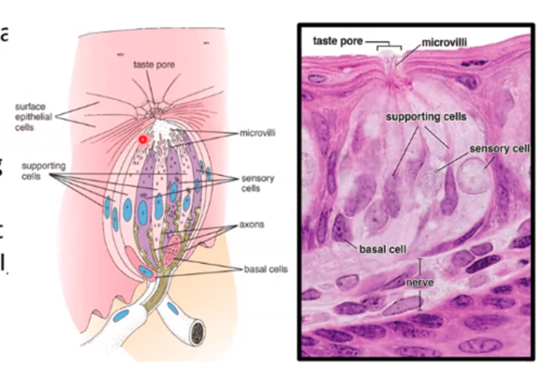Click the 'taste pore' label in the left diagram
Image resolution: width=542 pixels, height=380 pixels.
[x=154, y=65]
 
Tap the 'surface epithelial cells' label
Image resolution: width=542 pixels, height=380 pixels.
[x=33, y=117]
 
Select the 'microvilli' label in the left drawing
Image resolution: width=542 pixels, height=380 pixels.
[x=257, y=133]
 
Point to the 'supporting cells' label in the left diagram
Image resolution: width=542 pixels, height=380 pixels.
[x=43, y=171]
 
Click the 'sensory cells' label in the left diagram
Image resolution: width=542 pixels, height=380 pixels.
[x=257, y=183]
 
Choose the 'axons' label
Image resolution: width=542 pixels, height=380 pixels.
[x=251, y=225]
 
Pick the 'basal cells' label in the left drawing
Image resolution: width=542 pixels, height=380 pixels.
[x=266, y=269]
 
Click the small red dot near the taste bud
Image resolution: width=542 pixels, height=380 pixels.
[x=143, y=140]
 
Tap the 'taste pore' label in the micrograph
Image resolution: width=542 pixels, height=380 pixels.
[x=338, y=41]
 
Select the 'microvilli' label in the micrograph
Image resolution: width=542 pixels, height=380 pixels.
[x=444, y=42]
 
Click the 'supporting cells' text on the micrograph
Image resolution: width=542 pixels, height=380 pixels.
[x=426, y=117]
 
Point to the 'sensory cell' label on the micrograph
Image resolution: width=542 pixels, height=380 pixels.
[x=499, y=149]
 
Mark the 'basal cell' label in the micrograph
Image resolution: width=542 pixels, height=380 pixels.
[x=382, y=250]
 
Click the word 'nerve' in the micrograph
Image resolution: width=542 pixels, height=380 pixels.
[x=419, y=282]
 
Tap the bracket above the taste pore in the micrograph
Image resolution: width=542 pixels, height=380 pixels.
[x=389, y=47]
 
